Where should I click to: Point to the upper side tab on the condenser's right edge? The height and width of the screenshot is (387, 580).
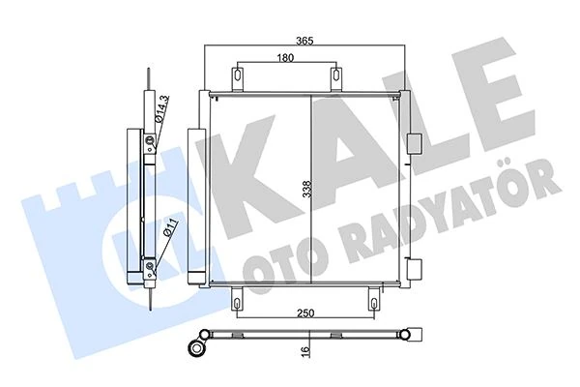pyautogui.click(x=418, y=143)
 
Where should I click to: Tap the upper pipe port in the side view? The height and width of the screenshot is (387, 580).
pyautogui.click(x=150, y=145)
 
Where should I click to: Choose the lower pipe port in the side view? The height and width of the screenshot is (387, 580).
pyautogui.click(x=150, y=266)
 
